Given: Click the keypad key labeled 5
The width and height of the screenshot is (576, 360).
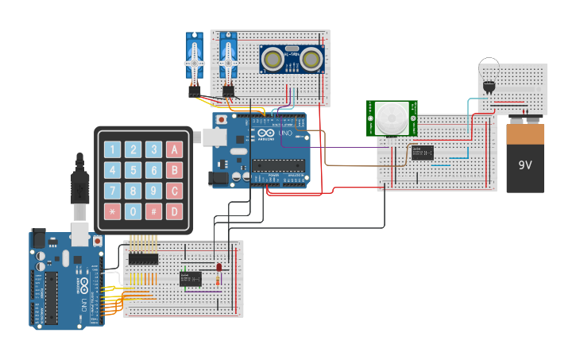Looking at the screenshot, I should tap(133, 170).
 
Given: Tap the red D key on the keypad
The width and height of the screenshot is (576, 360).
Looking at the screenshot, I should tap(174, 211).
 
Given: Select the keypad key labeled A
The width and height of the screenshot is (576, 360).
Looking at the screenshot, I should tap(174, 149).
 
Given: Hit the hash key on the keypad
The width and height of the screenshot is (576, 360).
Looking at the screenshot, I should tap(154, 211).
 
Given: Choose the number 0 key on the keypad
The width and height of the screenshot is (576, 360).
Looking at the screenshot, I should tap(133, 211).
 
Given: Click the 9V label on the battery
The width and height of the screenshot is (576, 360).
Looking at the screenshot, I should tap(525, 165).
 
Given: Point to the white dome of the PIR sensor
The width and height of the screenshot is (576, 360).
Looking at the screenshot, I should tap(391, 120).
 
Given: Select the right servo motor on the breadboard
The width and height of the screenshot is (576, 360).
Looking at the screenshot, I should tap(229, 60).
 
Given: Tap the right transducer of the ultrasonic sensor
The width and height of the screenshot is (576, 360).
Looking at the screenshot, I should tap(310, 60).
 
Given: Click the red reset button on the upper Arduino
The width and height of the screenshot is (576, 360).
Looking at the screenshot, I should tap(221, 120).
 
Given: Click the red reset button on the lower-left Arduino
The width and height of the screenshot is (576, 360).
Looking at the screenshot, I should tap(97, 240).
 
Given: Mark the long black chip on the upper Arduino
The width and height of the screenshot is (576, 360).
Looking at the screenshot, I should tap(278, 165).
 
